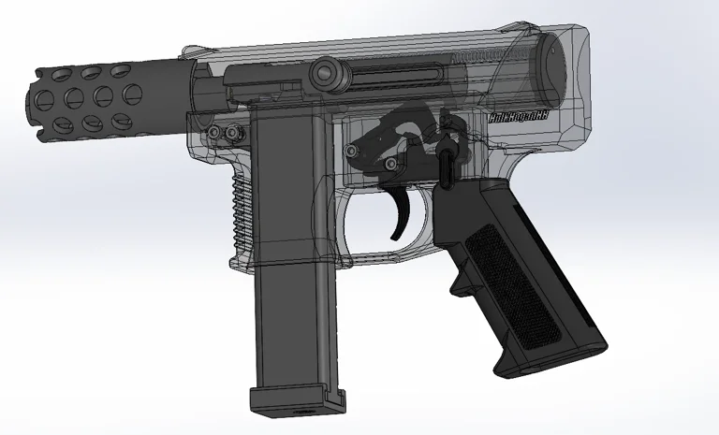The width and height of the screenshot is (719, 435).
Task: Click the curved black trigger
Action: [x=405, y=214]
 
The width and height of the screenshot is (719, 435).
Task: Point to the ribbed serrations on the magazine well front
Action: [x=242, y=201]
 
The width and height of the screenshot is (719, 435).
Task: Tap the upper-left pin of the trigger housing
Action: [x=356, y=146]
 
